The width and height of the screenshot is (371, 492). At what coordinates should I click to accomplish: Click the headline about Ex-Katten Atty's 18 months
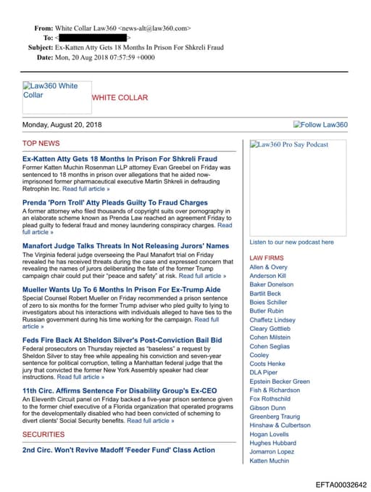pos(120,158)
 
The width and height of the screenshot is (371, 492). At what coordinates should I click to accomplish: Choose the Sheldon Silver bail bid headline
pos(122,340)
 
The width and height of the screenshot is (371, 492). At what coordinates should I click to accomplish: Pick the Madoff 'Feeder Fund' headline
pos(119,450)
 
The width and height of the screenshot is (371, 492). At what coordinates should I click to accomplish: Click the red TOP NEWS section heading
pos(41,144)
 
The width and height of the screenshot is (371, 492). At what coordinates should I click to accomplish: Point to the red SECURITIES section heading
pos(43,434)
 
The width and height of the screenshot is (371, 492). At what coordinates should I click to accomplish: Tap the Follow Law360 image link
pos(320,125)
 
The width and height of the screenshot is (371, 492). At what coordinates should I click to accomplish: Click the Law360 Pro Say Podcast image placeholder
pos(289,144)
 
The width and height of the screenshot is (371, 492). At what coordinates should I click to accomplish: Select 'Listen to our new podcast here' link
pos(291,242)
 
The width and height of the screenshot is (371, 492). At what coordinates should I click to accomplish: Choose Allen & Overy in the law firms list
pos(268,267)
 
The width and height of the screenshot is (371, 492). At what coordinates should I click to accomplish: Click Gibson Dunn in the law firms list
pos(267,408)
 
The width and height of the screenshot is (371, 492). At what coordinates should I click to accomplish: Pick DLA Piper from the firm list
pos(263,372)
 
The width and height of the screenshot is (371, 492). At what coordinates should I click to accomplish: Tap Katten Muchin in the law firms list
pos(270,460)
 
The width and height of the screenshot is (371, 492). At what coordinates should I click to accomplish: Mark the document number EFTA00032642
pos(341,484)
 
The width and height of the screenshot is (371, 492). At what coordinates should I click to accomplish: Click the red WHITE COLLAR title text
pos(120,97)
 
